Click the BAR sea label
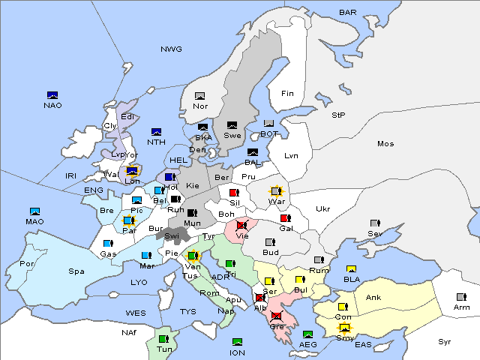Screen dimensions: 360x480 348,12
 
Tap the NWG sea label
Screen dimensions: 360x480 171,49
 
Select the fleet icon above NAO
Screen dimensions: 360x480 52,95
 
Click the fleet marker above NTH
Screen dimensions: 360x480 156,132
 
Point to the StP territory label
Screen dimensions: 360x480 338,115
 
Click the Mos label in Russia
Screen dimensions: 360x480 385,143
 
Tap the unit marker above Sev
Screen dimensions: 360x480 375,223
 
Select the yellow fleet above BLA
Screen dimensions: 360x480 351,269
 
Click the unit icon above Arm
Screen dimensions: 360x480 460,296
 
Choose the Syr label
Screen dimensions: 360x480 445,341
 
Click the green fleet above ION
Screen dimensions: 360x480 237,342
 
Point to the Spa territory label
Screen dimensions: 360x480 76,271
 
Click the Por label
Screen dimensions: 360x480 27,264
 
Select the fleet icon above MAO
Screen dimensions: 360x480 34,211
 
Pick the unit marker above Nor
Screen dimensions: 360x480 199,96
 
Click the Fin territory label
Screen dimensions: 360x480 286,94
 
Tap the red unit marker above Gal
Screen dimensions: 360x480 286,218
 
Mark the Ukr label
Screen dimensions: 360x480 322,209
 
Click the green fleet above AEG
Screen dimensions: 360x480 307,334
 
